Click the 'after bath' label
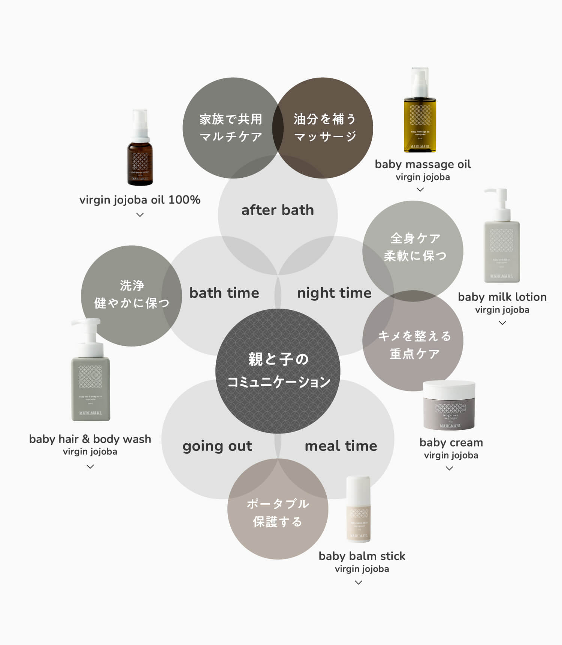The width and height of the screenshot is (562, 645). point(277,210)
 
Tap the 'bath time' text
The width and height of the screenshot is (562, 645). point(224,293)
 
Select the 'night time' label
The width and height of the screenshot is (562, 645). point(334,293)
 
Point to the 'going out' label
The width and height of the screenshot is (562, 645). point(217,446)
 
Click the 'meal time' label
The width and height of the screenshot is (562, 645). point(341,446)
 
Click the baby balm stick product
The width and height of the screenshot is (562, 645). point(359,510)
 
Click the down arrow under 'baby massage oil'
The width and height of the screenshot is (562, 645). point(420,190)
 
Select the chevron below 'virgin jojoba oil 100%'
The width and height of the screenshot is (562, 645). point(140,215)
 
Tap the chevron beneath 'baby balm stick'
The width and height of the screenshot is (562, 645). point(358,582)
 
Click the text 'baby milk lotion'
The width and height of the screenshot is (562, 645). point(502,297)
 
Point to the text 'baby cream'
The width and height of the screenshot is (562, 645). point(451,442)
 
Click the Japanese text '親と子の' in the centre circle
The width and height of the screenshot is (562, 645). point(278,359)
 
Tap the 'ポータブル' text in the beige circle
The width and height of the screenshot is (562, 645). point(278,504)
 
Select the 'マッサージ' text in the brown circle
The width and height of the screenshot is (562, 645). point(324,136)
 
